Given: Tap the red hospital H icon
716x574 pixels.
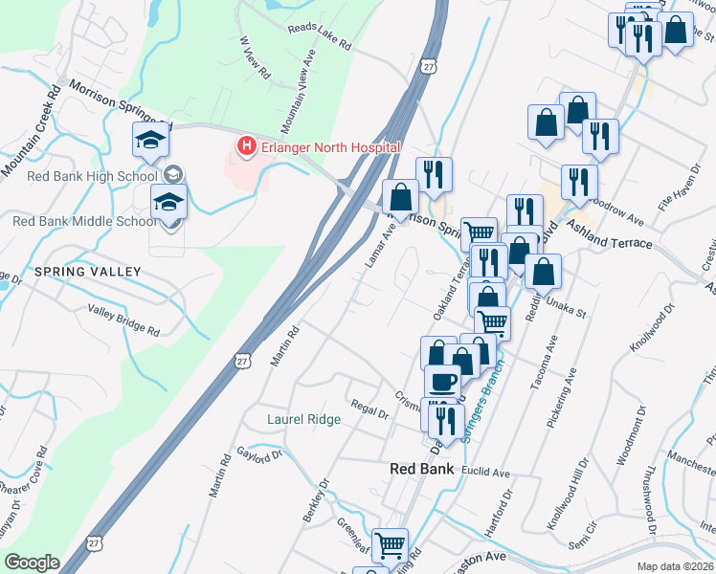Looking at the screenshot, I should pos(247,146).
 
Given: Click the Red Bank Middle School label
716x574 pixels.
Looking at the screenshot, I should pos(83,221).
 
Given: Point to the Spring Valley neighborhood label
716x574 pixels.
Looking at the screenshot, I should pos(87,272).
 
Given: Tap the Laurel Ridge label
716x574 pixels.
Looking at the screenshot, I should pos(303,419).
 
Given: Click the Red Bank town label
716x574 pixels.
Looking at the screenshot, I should pos(427,468).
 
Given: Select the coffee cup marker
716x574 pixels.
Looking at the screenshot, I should pos(442,382).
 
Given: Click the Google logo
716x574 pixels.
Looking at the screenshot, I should pos(32,563).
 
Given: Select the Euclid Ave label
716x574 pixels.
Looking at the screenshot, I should pos(486,473).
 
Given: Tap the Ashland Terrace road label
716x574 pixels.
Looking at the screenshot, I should pos(609,235).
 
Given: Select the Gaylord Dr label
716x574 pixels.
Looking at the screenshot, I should pos(260,454).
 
